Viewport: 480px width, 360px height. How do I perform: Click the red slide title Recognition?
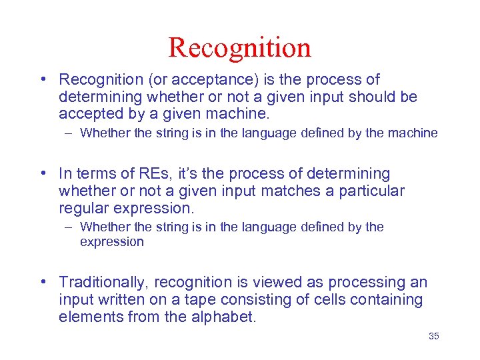[239, 47]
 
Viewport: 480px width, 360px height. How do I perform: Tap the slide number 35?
[433, 336]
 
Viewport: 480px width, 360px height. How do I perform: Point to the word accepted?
[87, 115]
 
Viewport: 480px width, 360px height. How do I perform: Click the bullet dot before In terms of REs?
[41, 174]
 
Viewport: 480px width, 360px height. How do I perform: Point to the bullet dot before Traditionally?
[41, 283]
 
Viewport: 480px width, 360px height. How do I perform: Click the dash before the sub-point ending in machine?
[69, 133]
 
